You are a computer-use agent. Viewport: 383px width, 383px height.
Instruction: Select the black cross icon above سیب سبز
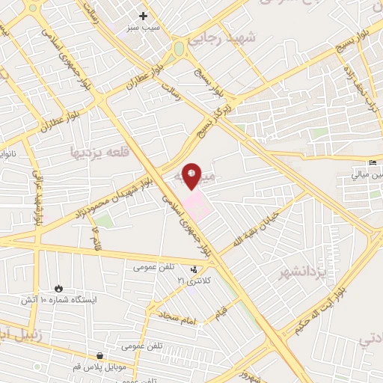click(143, 14)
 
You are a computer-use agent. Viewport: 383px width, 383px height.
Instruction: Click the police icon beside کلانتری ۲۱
click(194, 269)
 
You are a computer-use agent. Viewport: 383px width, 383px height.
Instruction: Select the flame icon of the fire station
click(59, 288)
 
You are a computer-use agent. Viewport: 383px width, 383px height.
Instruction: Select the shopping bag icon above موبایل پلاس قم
click(100, 356)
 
